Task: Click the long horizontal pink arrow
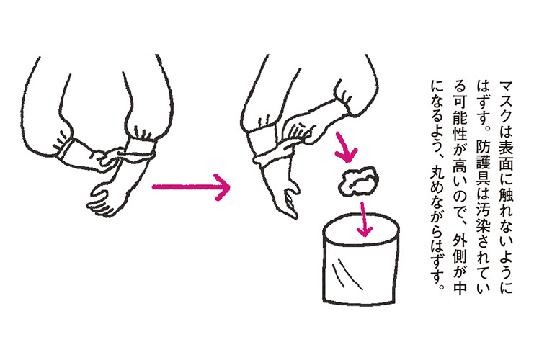pyautogui.click(x=191, y=186)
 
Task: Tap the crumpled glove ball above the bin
pyautogui.click(x=358, y=181)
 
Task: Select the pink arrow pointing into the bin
pyautogui.click(x=365, y=220)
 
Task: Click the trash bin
pyautogui.click(x=360, y=258)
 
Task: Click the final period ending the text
pyautogui.click(x=442, y=286)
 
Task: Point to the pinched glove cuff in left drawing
pyautogui.click(x=141, y=147)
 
